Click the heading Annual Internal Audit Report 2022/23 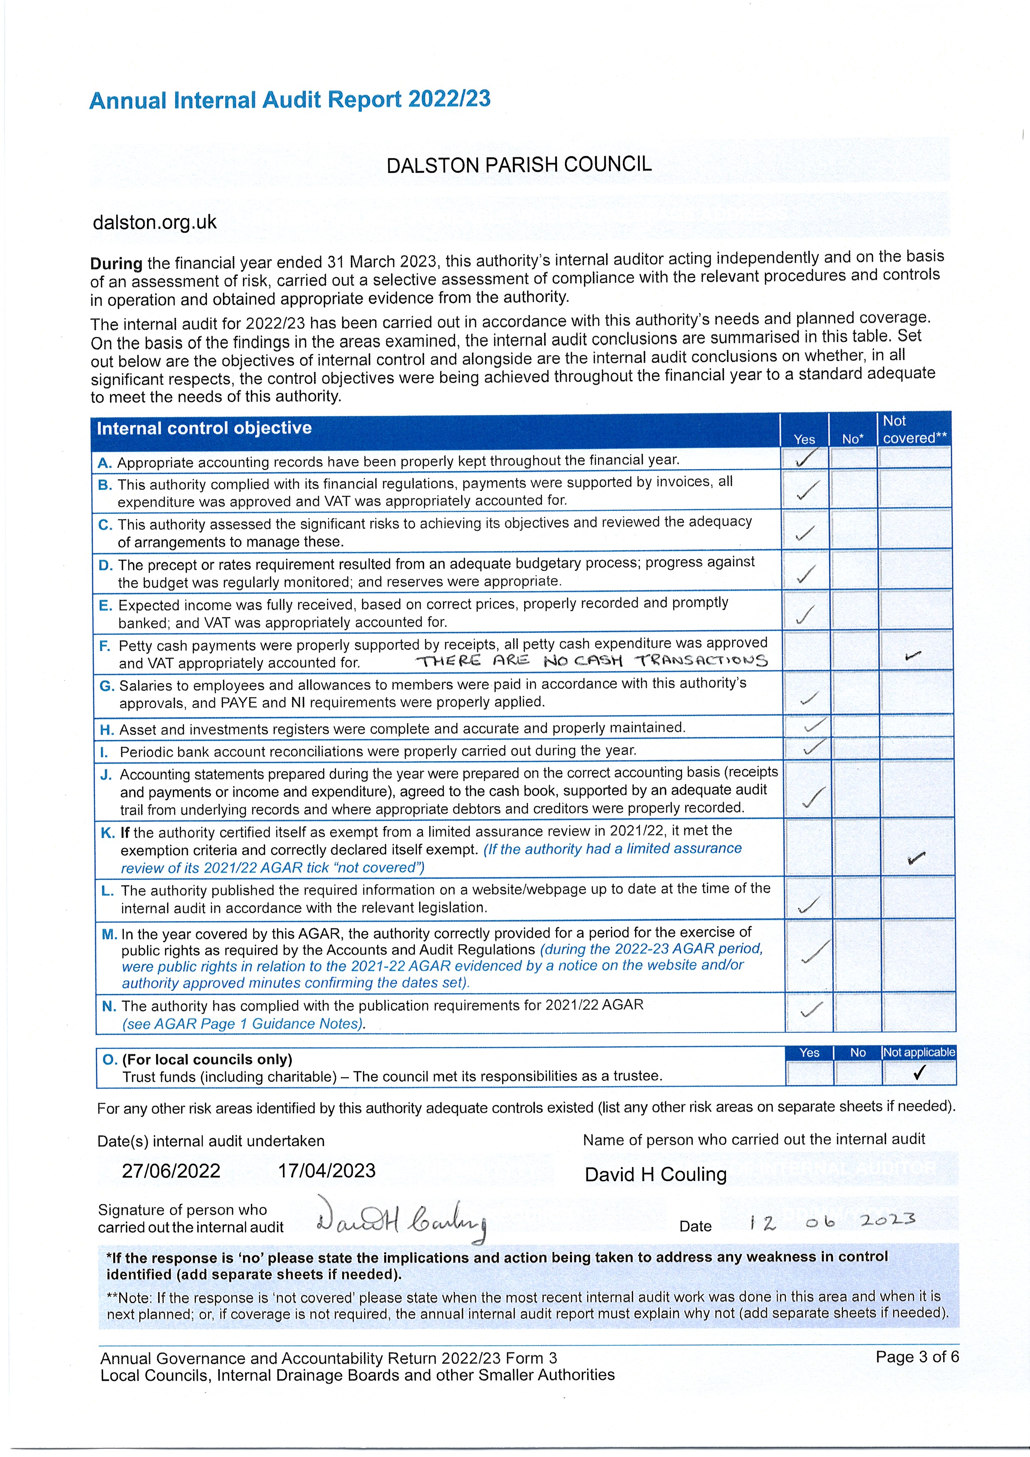tap(290, 100)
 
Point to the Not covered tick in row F tap(913, 655)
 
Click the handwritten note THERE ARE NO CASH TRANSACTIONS tap(591, 661)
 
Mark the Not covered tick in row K tap(916, 858)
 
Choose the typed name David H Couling tap(655, 1175)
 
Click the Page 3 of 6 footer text tap(916, 1357)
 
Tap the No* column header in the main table tap(852, 439)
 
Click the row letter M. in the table tap(109, 934)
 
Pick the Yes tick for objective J tap(813, 797)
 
